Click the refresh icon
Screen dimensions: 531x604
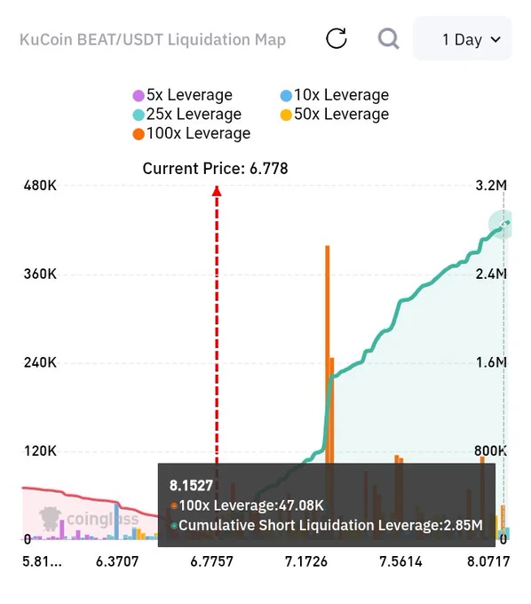(337, 38)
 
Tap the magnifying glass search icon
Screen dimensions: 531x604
(388, 38)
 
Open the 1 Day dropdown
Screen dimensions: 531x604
(463, 38)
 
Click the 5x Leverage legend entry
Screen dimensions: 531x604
(183, 95)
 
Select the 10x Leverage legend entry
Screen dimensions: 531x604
(335, 95)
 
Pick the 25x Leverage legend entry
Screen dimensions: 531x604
(187, 114)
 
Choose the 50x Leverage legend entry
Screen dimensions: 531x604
(335, 114)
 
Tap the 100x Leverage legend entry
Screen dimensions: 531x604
(192, 133)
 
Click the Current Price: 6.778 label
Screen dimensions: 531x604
(215, 169)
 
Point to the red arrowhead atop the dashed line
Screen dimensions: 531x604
(217, 191)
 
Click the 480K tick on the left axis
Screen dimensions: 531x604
(40, 186)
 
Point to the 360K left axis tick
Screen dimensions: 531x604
(40, 274)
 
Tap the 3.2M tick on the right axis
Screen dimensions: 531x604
(491, 186)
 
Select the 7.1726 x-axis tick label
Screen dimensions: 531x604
(306, 561)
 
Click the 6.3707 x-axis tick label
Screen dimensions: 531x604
(117, 561)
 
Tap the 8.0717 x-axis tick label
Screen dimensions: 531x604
(488, 561)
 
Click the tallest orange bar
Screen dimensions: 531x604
(328, 354)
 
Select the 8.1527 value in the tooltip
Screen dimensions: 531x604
(191, 485)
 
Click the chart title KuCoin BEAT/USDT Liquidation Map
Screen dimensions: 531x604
(153, 40)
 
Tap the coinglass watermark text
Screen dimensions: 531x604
(102, 519)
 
